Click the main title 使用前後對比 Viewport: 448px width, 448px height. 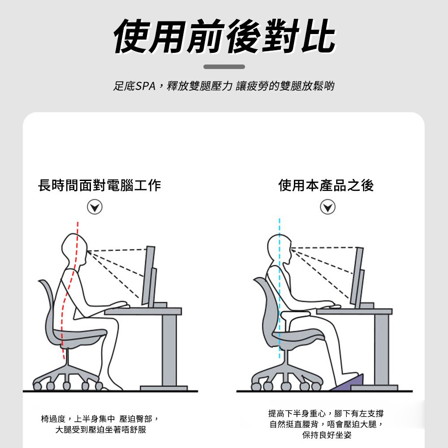coord(224,37)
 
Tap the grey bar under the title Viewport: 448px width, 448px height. coord(224,67)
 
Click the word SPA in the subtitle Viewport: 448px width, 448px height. coord(146,86)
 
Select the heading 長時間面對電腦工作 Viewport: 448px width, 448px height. coord(99,185)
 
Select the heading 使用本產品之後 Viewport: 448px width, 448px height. coord(326,185)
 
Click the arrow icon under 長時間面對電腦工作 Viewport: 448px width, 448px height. coord(95,207)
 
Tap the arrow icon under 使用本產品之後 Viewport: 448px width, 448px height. coord(328,207)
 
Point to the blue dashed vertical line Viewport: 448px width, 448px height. coord(280,289)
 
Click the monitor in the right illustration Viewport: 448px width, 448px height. coord(358,278)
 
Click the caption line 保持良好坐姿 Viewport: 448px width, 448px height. coord(327,435)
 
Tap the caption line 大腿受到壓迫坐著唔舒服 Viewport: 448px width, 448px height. coord(100,430)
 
